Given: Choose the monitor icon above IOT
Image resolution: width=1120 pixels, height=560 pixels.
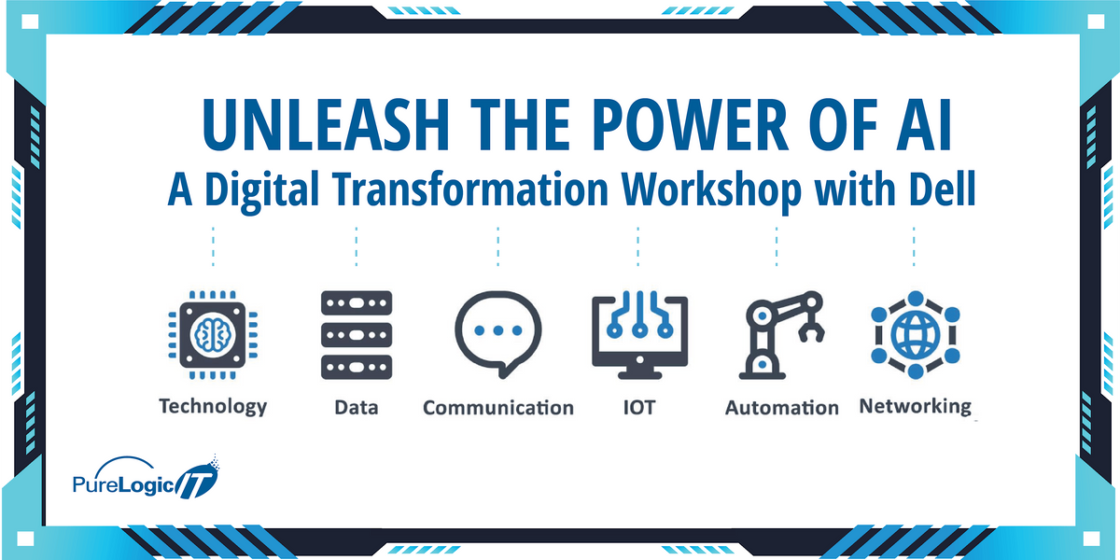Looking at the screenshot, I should (639, 333).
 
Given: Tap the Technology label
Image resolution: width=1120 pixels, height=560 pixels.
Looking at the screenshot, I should (213, 406).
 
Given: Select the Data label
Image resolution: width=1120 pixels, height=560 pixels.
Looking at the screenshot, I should (356, 408).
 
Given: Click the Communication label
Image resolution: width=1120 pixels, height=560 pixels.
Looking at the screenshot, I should (497, 408).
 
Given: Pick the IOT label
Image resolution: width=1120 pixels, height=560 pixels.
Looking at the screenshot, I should (639, 408).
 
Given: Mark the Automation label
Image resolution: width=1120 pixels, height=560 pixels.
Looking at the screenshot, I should (782, 408).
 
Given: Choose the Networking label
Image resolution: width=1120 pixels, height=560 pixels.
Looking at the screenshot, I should (915, 406).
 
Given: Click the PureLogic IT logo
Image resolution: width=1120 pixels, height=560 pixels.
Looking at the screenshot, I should (145, 481).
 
